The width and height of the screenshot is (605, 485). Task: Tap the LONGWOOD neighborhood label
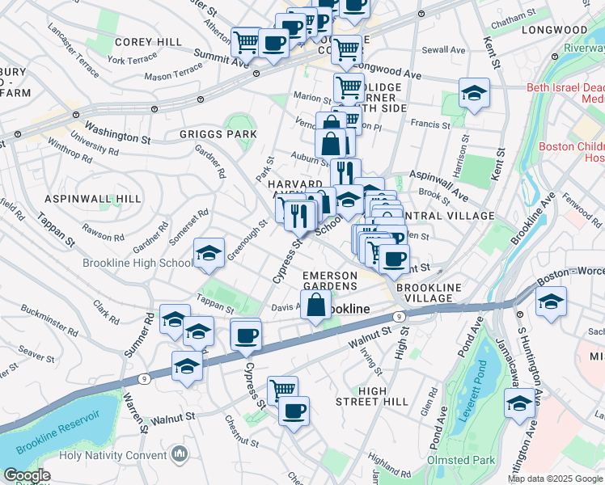(x=554, y=30)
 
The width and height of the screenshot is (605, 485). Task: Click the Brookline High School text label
(x=137, y=264)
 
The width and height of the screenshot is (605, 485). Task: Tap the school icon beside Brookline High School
(x=209, y=255)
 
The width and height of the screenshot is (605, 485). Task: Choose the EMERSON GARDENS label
(x=329, y=280)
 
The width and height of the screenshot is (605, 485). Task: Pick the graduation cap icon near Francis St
(x=474, y=93)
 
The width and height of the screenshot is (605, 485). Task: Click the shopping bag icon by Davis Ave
(x=317, y=306)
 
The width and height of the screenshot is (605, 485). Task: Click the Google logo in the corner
(x=27, y=476)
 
